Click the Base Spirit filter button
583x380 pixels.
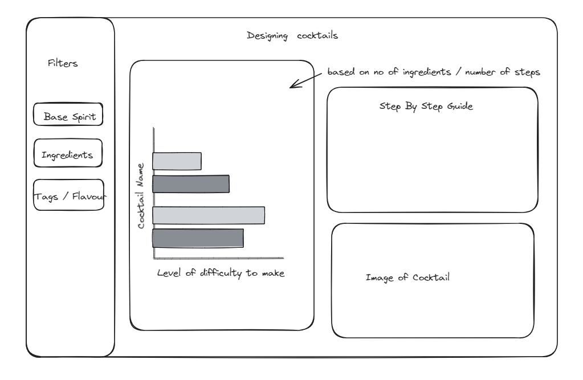(68, 115)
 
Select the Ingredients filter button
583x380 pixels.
(68, 153)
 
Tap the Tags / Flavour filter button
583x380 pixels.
(69, 195)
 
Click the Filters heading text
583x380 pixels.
(63, 63)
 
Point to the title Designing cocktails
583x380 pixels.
(292, 36)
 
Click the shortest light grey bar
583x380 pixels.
(177, 161)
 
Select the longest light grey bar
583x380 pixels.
(209, 215)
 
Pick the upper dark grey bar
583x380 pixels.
(191, 183)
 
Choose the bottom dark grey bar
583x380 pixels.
(198, 238)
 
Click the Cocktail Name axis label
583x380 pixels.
(141, 195)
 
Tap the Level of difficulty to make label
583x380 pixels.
(221, 273)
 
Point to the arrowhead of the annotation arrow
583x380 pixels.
(291, 87)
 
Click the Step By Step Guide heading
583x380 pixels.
(426, 107)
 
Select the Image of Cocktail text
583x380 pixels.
(407, 277)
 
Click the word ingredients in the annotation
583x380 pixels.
(427, 72)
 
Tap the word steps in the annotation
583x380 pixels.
(527, 72)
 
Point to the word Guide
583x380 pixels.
(460, 106)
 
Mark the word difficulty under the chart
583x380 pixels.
(221, 273)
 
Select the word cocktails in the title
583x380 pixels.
(317, 35)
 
